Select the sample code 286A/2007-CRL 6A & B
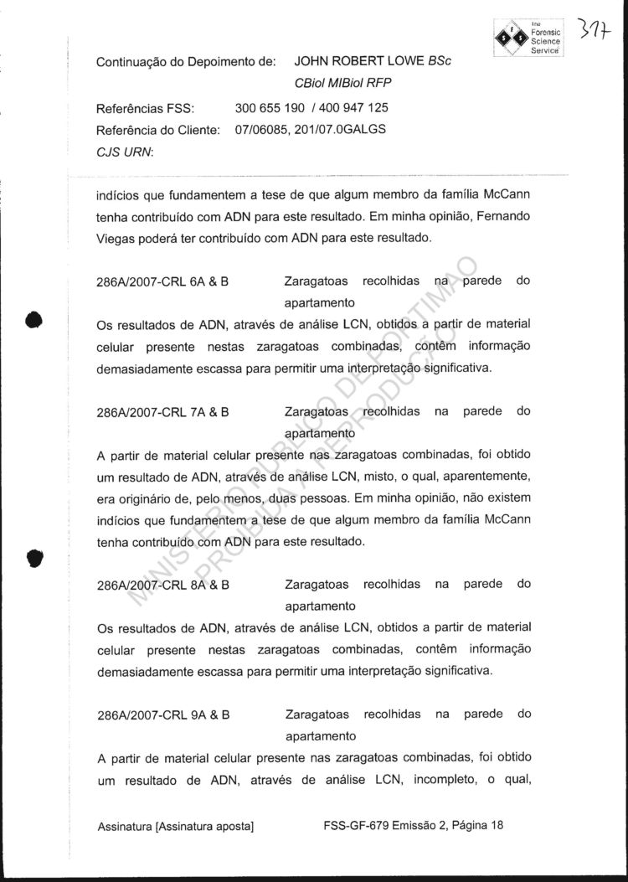[163, 282]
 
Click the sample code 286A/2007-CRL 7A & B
[163, 412]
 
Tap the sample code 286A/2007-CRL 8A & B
[163, 584]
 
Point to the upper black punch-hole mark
[33, 321]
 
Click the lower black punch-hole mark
[33, 559]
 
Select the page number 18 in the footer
[497, 825]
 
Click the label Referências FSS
[146, 108]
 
